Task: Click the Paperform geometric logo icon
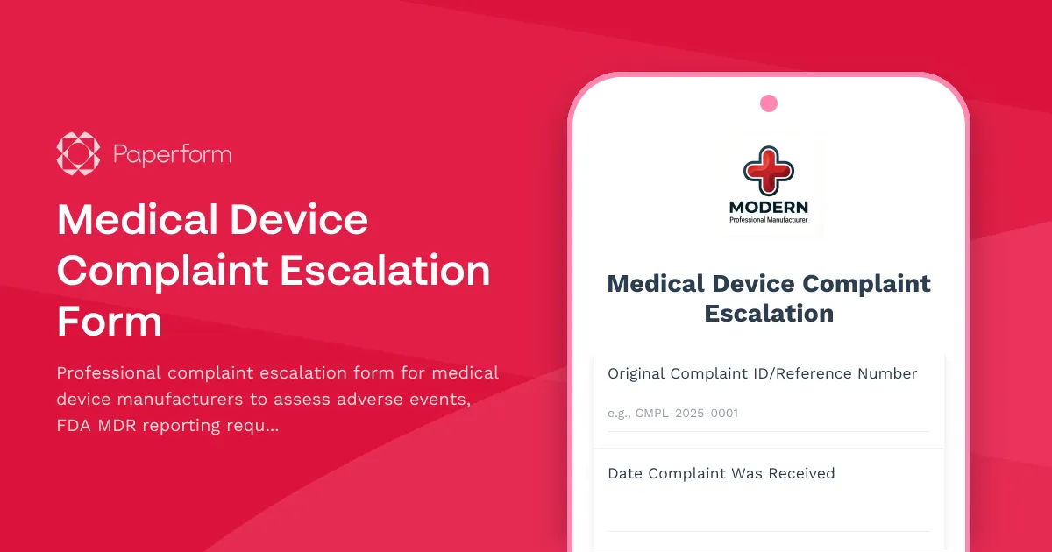(78, 154)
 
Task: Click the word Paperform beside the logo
(173, 155)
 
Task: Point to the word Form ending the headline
(110, 322)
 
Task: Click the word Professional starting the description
(109, 372)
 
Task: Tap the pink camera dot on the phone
(769, 103)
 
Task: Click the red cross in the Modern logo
(768, 170)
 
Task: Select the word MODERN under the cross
(769, 208)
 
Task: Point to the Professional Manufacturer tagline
(769, 220)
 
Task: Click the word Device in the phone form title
(755, 284)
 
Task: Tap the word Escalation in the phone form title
(769, 313)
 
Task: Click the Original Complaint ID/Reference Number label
(762, 373)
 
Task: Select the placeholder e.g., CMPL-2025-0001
(672, 413)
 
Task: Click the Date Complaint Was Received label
(721, 473)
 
